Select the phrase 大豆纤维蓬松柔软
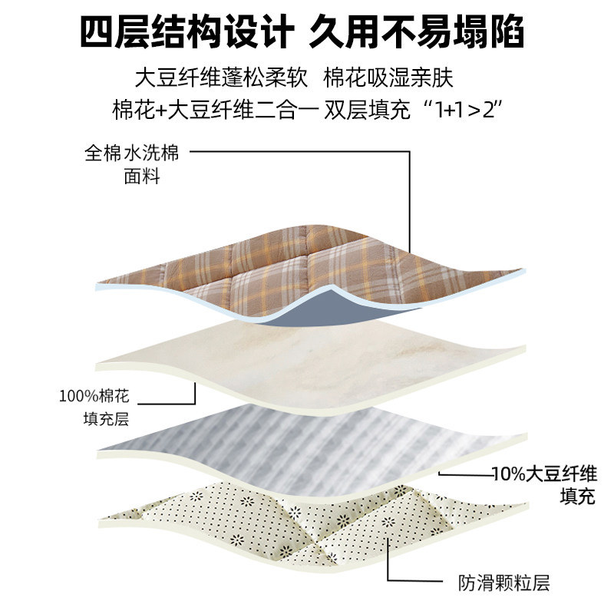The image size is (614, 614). (x=222, y=79)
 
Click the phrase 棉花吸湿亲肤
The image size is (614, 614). (x=390, y=79)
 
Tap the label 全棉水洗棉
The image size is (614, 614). (x=131, y=153)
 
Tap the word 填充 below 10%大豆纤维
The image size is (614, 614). (x=576, y=496)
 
